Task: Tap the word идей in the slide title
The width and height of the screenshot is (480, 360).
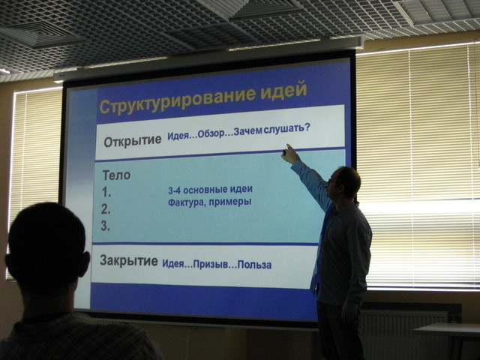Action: click(x=283, y=90)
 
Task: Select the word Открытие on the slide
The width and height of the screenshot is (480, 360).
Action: click(x=133, y=141)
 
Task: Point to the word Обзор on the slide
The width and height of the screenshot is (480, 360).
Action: click(x=211, y=133)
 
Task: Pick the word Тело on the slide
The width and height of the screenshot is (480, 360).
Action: click(x=116, y=175)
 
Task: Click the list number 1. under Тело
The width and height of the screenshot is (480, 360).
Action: click(x=106, y=193)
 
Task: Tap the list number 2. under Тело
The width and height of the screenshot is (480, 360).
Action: click(x=106, y=209)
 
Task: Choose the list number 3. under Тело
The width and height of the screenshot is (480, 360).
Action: click(x=105, y=226)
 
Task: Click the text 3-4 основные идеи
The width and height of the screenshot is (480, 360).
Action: click(x=210, y=190)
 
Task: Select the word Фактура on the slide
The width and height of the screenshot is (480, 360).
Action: click(x=183, y=202)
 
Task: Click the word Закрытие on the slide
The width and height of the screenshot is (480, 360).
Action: click(x=128, y=261)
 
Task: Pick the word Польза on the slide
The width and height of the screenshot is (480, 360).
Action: click(x=254, y=265)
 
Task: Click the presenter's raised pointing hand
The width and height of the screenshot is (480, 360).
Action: click(x=289, y=154)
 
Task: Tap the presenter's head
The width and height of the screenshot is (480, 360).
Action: click(x=343, y=183)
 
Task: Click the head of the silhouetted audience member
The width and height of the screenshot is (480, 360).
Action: click(x=46, y=245)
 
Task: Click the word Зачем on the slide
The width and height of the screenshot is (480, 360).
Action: click(x=247, y=131)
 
